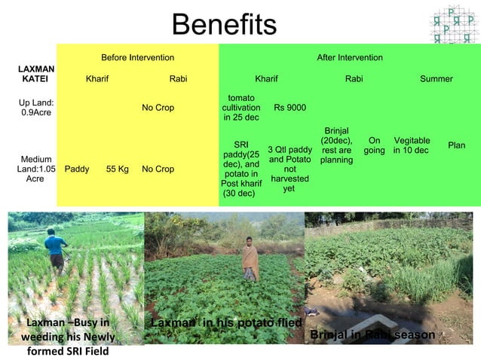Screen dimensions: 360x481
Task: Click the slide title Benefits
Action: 224,26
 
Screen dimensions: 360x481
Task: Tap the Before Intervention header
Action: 137,58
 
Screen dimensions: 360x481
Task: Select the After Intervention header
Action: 349,58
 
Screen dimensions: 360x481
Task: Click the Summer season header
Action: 436,79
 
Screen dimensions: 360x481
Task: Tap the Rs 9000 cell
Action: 290,108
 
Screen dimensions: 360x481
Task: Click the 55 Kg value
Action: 117,169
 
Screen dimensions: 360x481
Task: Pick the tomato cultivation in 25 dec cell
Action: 241,108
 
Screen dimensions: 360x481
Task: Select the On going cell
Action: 374,145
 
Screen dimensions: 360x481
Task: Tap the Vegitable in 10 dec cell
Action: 411,145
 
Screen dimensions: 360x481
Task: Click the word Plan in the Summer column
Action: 456,145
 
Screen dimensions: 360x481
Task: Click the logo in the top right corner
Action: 452,25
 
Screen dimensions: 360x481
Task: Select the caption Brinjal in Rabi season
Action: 372,334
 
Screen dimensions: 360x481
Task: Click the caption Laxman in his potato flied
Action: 226,323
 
